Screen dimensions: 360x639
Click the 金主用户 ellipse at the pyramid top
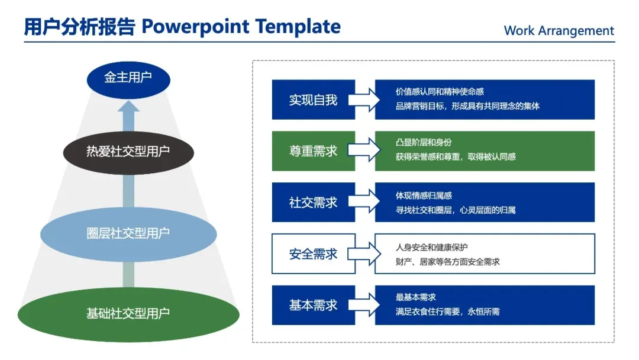[x=128, y=78]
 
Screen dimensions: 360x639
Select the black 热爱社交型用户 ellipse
[x=128, y=152]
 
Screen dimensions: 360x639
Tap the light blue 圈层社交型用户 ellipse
[x=128, y=233]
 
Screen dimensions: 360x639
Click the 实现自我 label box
[x=313, y=99]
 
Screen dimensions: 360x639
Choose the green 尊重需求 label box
[x=313, y=151]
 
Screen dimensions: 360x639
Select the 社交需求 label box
[x=313, y=202]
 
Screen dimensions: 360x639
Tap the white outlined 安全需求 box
[x=313, y=254]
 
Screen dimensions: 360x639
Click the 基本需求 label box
[x=313, y=306]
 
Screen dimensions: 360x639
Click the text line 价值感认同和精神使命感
[x=440, y=92]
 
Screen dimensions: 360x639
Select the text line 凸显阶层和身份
[x=424, y=143]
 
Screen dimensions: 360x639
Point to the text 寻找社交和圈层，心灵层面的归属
[x=456, y=210]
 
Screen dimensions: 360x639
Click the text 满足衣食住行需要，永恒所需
[x=447, y=311]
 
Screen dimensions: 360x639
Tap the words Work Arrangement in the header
[x=559, y=31]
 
